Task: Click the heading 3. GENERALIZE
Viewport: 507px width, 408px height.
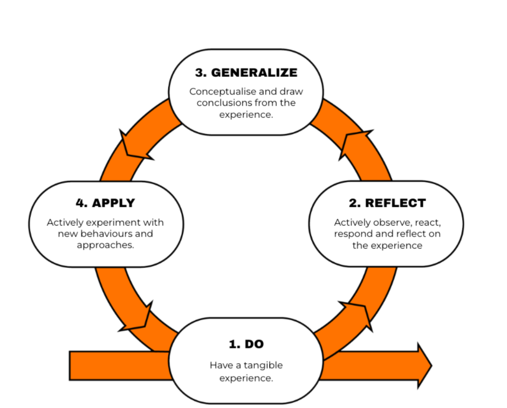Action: [x=246, y=72]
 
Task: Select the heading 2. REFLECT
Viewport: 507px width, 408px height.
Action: [x=387, y=203]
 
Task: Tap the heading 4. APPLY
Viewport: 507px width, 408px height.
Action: [x=105, y=203]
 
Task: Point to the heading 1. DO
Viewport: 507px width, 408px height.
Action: [x=246, y=344]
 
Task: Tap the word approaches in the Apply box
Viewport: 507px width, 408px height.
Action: [x=104, y=245]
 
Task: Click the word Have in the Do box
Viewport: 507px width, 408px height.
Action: [x=220, y=365]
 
